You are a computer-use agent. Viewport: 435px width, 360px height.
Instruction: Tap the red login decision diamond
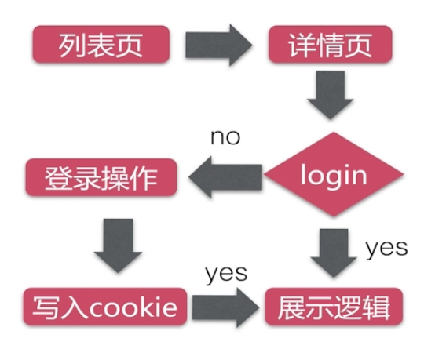(334, 175)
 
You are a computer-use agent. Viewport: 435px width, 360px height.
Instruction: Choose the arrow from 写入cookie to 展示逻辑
(225, 307)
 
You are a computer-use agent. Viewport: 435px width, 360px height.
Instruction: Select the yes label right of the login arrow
(386, 249)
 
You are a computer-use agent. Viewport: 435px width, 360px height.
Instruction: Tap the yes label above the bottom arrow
(226, 273)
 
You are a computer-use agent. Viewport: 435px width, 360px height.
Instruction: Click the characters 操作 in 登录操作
(129, 178)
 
